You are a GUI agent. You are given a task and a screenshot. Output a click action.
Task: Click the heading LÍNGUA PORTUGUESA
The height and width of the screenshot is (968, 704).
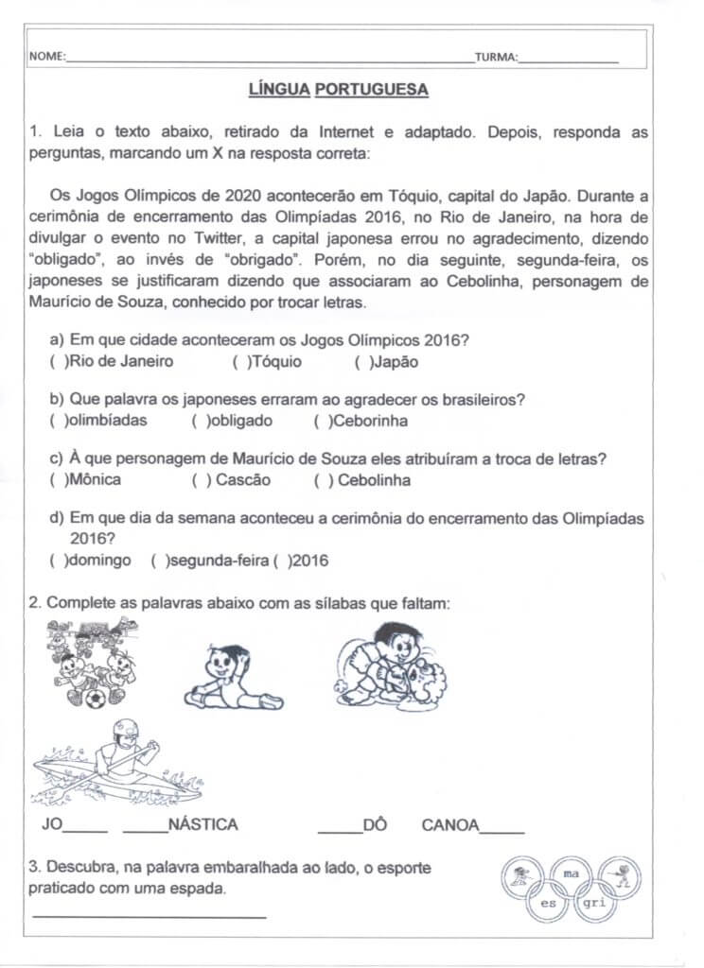[x=338, y=90]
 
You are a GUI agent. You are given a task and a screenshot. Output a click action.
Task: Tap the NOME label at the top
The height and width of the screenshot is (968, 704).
[x=47, y=58]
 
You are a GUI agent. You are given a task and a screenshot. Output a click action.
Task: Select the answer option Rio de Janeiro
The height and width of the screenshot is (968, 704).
[x=112, y=361]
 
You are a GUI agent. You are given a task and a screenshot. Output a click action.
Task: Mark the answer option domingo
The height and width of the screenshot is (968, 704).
[x=92, y=561]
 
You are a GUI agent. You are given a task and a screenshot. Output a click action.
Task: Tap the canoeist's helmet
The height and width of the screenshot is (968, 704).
[x=126, y=732]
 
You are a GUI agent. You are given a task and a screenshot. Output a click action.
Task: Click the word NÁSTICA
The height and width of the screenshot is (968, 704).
[x=202, y=824]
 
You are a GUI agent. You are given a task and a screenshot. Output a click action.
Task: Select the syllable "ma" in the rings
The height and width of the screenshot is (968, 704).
[x=570, y=874]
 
